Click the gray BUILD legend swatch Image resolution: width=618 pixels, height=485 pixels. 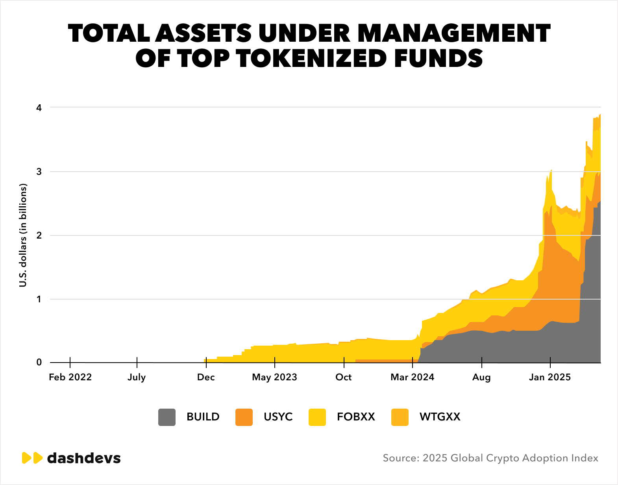click(167, 417)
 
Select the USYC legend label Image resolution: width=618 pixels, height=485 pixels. click(278, 417)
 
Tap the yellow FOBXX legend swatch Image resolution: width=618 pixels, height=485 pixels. click(317, 417)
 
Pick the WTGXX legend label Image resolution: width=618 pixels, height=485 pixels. click(440, 417)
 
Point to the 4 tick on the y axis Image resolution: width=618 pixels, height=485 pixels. click(39, 107)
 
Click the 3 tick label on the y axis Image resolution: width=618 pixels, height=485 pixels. click(39, 172)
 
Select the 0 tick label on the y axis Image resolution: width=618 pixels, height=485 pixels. click(39, 363)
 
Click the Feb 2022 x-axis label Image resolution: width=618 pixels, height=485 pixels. click(70, 377)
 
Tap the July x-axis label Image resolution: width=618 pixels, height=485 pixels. click(137, 377)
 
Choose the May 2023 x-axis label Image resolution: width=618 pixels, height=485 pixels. click(274, 377)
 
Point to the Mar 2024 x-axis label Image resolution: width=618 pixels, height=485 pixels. click(412, 377)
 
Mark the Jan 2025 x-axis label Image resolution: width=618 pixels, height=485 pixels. click(550, 377)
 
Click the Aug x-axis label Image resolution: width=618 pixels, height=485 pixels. click(481, 377)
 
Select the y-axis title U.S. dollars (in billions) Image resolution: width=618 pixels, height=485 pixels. click(23, 235)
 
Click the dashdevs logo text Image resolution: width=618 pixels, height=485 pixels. click(84, 458)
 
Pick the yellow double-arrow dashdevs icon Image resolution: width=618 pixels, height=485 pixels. click(32, 458)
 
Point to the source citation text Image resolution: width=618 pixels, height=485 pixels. click(490, 458)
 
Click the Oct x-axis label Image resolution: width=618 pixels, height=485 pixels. click(343, 377)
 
